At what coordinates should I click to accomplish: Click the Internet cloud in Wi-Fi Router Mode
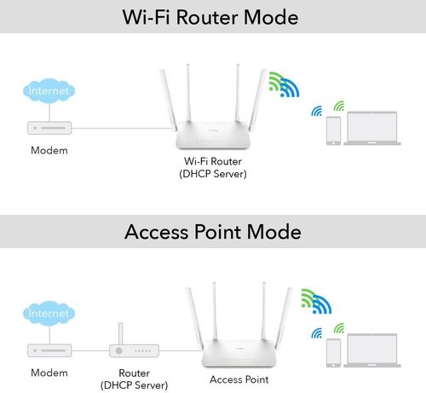point(49,91)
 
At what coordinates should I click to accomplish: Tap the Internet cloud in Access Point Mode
point(49,314)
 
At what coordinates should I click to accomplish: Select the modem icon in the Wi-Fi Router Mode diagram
point(49,128)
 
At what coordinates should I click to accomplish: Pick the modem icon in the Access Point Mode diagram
point(49,350)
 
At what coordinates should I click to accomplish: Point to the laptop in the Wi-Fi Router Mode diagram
point(372,128)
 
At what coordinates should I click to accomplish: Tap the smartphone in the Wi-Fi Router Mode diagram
point(333,130)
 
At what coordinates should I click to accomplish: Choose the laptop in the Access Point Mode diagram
point(372,350)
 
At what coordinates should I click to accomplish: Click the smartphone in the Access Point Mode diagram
point(333,353)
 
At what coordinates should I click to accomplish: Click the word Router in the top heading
point(208,17)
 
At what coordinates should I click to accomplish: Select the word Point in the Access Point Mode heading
point(218,232)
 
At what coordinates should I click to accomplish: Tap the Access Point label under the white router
point(239,379)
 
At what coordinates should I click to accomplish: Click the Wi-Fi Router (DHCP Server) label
point(213,168)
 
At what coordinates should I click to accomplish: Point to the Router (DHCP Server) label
point(134,379)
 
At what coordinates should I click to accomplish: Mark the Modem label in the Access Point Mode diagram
point(49,373)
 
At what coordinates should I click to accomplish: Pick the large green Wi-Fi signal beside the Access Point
point(308,297)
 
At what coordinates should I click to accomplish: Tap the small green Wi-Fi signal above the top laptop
point(340,107)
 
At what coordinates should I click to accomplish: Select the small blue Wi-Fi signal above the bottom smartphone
point(317,333)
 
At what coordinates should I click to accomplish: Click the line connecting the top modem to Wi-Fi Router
point(123,128)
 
